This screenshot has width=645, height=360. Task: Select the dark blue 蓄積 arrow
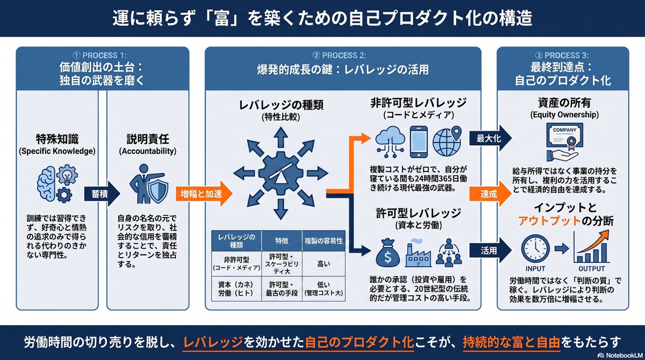coord(102,194)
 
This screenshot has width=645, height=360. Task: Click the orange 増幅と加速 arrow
coord(204,193)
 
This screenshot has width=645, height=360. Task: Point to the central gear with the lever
coord(281,174)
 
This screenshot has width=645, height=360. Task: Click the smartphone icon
coord(418,142)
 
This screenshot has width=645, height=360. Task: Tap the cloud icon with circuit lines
coord(390,142)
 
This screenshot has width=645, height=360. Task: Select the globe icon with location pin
coord(447,141)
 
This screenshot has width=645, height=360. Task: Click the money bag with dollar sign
coord(388,253)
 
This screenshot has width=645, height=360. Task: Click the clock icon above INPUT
coord(535,249)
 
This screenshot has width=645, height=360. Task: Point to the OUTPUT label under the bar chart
coord(592,269)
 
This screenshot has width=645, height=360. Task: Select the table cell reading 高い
coord(324,264)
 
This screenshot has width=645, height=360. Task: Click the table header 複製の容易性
coord(324,241)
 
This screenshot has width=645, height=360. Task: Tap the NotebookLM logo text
coord(624,355)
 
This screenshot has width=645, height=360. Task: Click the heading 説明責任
coord(148,139)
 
